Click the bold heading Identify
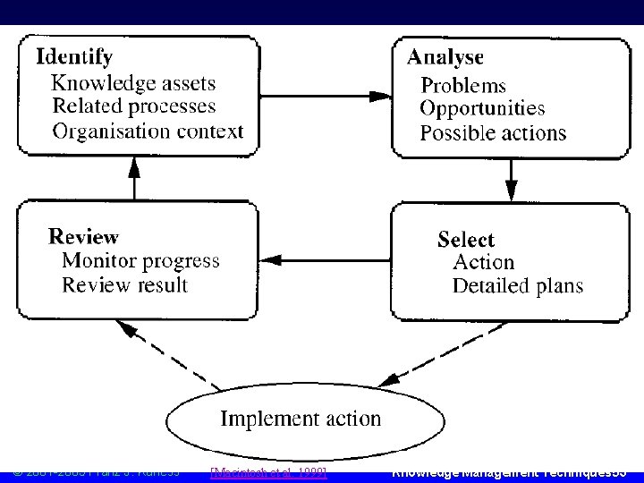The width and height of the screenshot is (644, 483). point(74,57)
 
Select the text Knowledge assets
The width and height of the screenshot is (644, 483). point(133,83)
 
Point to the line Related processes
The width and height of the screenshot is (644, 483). point(134,106)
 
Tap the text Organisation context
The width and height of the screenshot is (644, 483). point(148,131)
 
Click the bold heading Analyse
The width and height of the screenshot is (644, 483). point(445,57)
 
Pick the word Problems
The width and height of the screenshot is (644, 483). point(463,86)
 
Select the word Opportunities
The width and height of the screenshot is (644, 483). point(482,109)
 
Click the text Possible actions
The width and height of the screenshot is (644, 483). point(493,133)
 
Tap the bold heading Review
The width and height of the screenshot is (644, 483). point(83,237)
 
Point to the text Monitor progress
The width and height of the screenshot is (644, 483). point(140,261)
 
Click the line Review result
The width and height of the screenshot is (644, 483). point(124,285)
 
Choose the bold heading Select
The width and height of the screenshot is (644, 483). point(465,240)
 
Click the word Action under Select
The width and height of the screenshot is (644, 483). point(484,263)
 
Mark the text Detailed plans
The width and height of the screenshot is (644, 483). point(517,286)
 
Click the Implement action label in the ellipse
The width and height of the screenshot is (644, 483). point(301,419)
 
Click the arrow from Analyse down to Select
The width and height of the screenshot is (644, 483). point(511,180)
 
